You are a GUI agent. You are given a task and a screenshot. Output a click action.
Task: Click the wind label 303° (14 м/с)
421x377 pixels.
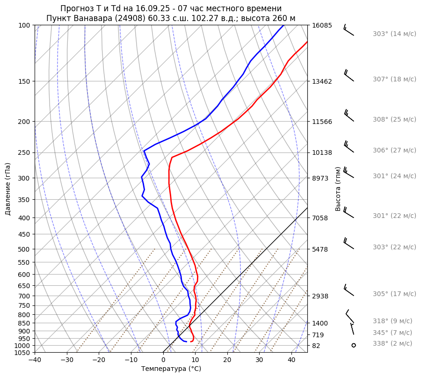394,34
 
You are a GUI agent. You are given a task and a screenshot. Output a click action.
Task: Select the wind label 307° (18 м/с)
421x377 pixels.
394,79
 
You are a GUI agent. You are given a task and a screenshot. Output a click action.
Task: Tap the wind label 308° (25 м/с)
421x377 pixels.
394,119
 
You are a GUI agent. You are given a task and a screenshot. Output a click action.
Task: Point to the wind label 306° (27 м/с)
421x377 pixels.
394,150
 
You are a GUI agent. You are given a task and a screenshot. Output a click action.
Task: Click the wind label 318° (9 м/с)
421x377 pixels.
392,321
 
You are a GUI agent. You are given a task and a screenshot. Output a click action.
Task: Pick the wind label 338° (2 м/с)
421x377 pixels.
392,343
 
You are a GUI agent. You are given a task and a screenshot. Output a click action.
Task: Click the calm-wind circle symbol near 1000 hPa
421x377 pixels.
354,345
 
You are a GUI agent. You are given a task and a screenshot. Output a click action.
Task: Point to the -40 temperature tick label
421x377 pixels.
35,360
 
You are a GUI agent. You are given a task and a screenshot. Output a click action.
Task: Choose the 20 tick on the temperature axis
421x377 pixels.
227,360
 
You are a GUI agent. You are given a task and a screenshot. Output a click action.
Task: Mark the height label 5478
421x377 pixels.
320,249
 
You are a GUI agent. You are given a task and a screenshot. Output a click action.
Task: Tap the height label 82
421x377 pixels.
316,346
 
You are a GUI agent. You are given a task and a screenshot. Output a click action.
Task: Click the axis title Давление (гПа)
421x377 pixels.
7,189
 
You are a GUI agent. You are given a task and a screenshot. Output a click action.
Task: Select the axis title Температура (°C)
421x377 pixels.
171,369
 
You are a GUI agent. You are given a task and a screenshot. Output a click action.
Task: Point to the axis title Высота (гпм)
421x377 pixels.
338,188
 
